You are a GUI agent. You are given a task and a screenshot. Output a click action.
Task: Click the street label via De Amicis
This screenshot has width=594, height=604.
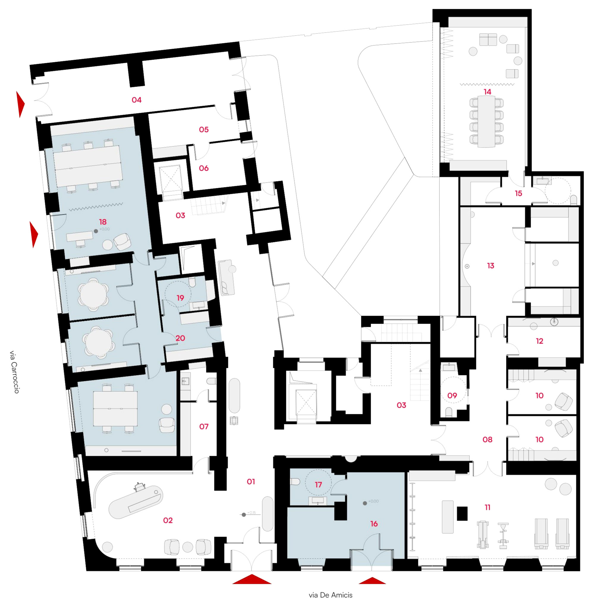tap(330, 595)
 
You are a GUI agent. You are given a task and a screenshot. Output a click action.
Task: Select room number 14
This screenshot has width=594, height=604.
tap(487, 92)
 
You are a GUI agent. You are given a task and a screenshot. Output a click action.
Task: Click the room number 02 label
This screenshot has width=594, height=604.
tap(168, 520)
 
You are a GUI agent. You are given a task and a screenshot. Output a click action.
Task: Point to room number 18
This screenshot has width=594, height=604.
tap(103, 222)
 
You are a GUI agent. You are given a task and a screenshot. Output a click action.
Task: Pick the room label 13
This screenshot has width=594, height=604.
tap(491, 265)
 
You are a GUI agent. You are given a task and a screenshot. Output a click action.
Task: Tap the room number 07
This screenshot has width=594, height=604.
tap(204, 426)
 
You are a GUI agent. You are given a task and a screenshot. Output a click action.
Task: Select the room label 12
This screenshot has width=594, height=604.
tap(539, 341)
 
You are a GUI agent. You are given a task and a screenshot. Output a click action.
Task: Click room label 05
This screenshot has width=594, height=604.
tap(204, 129)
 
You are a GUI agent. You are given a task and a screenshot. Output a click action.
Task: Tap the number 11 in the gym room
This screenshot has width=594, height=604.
tap(488, 507)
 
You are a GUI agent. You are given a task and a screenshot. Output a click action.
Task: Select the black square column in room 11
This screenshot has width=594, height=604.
tap(462, 513)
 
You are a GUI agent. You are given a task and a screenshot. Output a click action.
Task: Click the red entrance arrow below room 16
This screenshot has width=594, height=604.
tap(372, 581)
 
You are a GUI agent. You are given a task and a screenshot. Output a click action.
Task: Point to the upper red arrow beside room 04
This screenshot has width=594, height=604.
tap(20, 105)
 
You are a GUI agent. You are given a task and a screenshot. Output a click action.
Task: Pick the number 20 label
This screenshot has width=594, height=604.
tap(180, 338)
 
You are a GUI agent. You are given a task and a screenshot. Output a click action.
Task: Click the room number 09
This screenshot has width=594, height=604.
tap(452, 396)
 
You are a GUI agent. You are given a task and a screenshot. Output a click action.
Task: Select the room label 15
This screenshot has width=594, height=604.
tap(518, 193)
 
